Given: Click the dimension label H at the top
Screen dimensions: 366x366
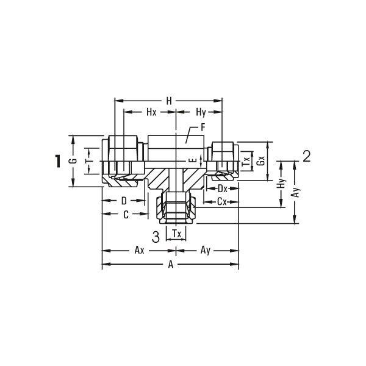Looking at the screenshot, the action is tap(169, 101).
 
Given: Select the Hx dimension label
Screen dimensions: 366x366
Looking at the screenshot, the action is tap(151, 112).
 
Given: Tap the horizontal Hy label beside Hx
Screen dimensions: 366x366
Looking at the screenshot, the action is tap(201, 112).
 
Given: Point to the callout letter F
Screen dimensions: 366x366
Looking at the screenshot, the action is tap(203, 127).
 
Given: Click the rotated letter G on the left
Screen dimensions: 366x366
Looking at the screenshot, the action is tap(73, 160).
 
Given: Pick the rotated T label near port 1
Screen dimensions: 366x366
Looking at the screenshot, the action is tap(88, 161).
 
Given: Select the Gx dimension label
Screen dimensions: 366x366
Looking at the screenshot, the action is tap(260, 160).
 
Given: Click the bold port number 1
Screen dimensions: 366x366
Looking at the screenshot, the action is tap(57, 161).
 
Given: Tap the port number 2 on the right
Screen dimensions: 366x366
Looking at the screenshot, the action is tap(306, 156).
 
